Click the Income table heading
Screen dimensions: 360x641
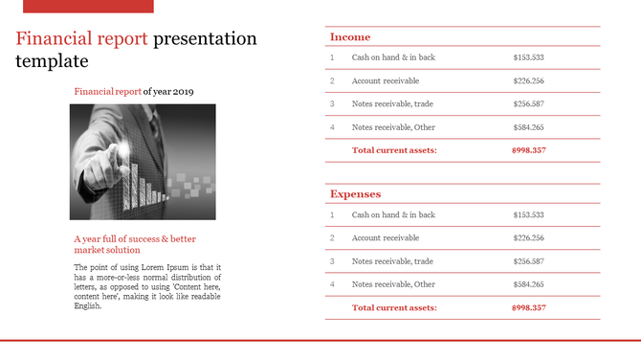(350, 37)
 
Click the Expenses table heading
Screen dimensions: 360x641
(355, 194)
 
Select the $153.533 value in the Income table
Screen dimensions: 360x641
(528, 57)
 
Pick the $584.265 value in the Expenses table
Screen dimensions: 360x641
(528, 284)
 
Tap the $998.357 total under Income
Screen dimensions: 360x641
(528, 150)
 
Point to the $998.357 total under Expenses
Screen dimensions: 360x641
(528, 307)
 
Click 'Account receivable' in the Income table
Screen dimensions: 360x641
(386, 80)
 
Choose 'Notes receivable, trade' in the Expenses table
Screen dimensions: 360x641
(392, 261)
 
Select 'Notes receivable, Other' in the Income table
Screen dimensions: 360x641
(393, 127)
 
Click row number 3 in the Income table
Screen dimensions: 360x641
(332, 103)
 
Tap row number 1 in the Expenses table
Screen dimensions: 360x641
(332, 215)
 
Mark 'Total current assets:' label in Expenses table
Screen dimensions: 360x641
(394, 307)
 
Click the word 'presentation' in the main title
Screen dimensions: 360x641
(205, 39)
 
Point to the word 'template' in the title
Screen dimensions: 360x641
(52, 62)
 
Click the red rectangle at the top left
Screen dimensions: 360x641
(88, 6)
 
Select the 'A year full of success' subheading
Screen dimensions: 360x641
(134, 238)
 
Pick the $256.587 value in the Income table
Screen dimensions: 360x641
(528, 103)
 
